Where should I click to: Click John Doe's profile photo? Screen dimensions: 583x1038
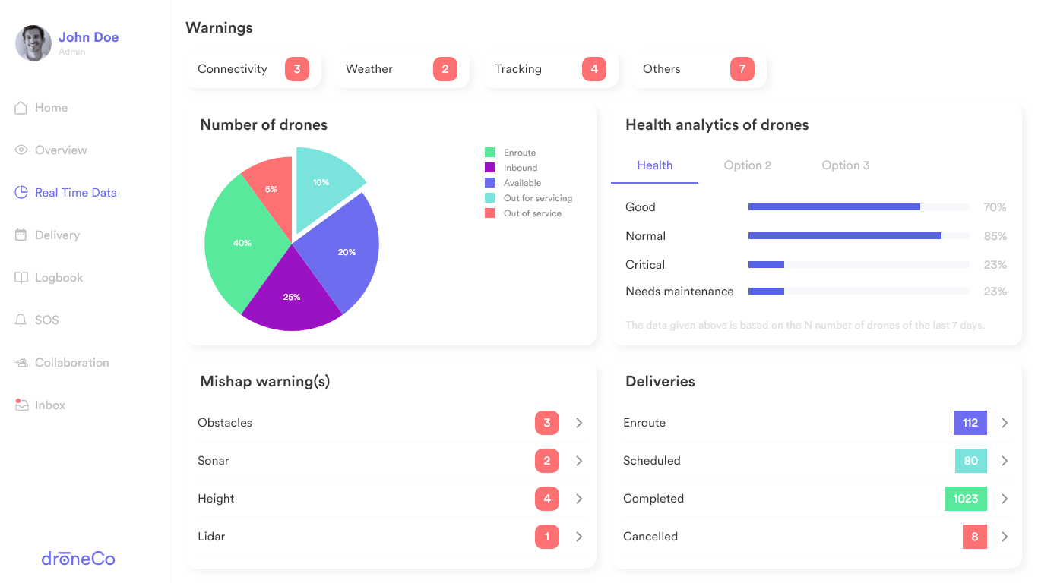tap(33, 43)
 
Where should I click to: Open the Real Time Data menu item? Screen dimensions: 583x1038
tap(75, 193)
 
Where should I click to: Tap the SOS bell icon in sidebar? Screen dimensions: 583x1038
tap(21, 320)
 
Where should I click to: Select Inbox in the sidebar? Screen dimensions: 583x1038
tap(49, 405)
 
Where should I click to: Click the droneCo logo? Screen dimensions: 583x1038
tap(78, 559)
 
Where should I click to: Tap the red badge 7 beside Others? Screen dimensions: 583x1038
tap(742, 69)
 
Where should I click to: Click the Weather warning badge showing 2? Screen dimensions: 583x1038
tap(445, 69)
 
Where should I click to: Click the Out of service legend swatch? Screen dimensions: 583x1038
tap(490, 213)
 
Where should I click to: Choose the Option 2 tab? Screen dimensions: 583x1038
tap(748, 165)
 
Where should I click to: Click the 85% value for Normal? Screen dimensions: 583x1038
tap(995, 236)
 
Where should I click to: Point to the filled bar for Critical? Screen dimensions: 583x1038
tap(766, 265)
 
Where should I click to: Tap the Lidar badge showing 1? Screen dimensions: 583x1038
tap(547, 537)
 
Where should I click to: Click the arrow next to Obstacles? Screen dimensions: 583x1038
tap(579, 423)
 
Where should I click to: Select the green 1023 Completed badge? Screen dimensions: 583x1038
tap(966, 499)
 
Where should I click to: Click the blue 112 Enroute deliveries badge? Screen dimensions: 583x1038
tap(970, 423)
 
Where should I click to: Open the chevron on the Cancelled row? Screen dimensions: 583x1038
tap(1005, 537)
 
